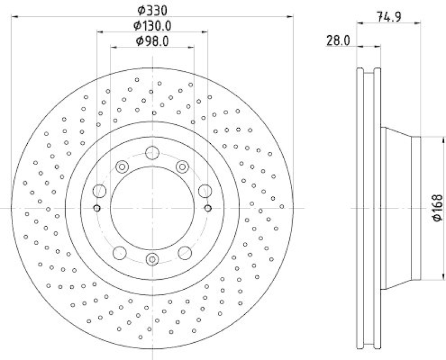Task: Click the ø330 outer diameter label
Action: click(x=153, y=9)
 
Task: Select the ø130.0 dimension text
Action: click(x=152, y=25)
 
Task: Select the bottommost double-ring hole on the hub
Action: click(x=152, y=259)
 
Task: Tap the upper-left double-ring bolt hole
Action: click(x=122, y=167)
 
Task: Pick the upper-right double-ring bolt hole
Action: click(x=182, y=167)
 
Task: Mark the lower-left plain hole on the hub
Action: click(x=120, y=252)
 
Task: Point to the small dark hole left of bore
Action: click(x=96, y=208)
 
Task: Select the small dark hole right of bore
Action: click(x=208, y=208)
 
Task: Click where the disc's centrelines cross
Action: click(x=152, y=208)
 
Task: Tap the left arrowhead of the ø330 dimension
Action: click(x=13, y=17)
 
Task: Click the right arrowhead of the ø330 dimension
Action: click(x=292, y=17)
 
